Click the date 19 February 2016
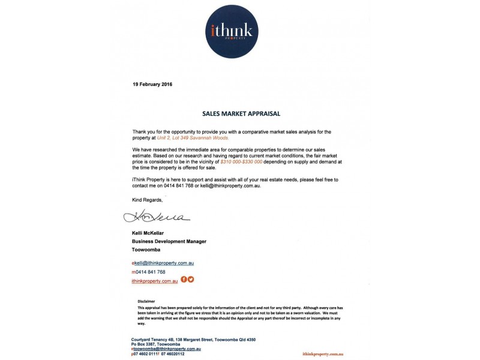[152, 84]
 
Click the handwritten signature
[156, 217]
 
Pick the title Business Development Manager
[169, 241]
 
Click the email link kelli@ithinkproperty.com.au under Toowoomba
[164, 263]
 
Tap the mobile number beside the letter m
[150, 272]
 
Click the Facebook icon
[184, 280]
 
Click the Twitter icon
[191, 280]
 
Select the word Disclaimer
[146, 302]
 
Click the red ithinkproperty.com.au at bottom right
[323, 355]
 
